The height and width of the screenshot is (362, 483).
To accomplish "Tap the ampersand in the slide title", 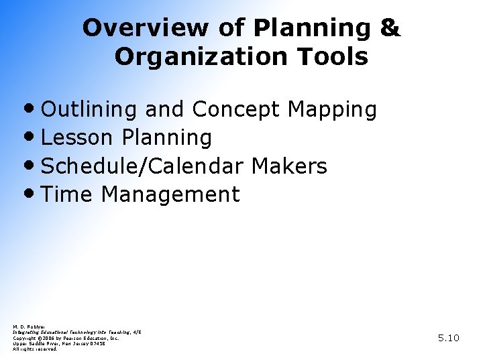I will tap(390, 28).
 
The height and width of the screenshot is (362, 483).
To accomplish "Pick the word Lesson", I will tap(76, 138).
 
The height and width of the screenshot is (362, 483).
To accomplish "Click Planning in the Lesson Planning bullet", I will tap(166, 138).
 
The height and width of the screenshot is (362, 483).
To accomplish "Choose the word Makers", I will tap(289, 166).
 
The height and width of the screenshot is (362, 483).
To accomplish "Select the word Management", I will tap(170, 195).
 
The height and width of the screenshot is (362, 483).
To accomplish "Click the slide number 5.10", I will tap(448, 338).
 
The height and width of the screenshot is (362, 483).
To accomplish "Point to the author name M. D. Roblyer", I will tap(28, 326).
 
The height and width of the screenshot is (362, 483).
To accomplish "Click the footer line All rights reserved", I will tap(36, 349).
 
